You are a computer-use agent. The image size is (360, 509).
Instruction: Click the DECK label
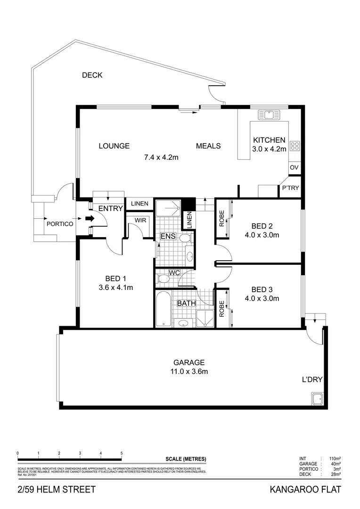coord(92,75)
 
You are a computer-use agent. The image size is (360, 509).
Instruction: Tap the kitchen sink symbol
coord(269,115)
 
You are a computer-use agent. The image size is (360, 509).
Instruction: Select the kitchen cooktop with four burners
coord(295,146)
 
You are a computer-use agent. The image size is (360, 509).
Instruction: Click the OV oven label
coord(295,168)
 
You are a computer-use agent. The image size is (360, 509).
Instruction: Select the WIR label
coord(140,220)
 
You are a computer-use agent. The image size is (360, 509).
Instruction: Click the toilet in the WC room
coord(164,279)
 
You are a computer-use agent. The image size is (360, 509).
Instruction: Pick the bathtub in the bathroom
coord(163,309)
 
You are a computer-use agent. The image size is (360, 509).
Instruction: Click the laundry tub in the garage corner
coord(317,399)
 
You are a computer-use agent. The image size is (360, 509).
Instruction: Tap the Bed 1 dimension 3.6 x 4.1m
coord(115,287)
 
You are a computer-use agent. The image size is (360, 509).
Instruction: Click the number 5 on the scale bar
coord(122,453)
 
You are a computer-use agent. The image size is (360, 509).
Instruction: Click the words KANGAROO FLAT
coord(304,490)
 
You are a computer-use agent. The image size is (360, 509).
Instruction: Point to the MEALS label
coord(208,146)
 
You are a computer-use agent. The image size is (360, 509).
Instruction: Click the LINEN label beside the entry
coord(139,204)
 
